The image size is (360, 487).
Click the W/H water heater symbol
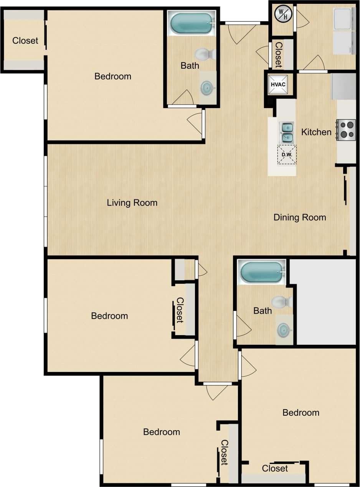tap(283, 14)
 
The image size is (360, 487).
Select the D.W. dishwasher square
tap(287, 155)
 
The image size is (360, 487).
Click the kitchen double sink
tap(286, 132)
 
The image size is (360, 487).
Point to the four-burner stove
tap(346, 130)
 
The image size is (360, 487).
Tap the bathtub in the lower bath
tap(262, 272)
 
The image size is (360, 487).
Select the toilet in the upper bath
tap(205, 54)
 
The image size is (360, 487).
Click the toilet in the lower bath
tap(282, 302)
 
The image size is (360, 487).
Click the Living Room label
tap(132, 202)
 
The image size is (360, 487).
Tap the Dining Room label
tap(300, 217)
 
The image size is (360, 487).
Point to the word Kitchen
tap(316, 132)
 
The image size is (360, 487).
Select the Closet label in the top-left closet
tap(25, 40)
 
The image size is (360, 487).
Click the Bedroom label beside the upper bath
tap(113, 76)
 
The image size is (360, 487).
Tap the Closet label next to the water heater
tap(278, 54)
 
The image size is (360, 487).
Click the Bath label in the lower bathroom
tap(263, 311)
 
